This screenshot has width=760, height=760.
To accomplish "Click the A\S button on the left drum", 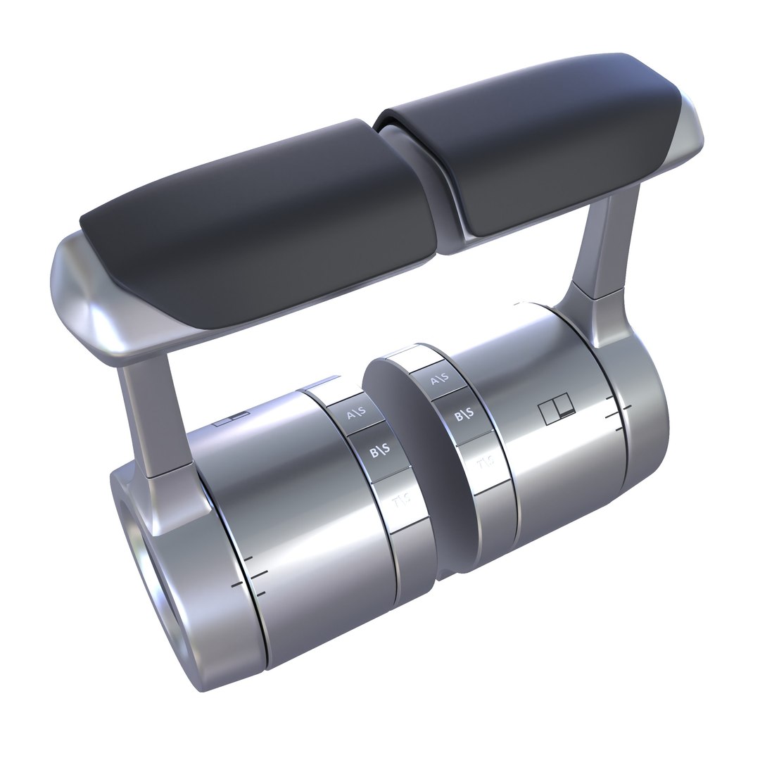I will tap(356, 414).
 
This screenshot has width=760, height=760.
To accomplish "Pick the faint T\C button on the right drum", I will tap(485, 462).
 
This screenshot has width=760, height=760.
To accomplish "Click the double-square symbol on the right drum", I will tap(557, 411).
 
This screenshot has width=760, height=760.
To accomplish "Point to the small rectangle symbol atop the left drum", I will tap(232, 419).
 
